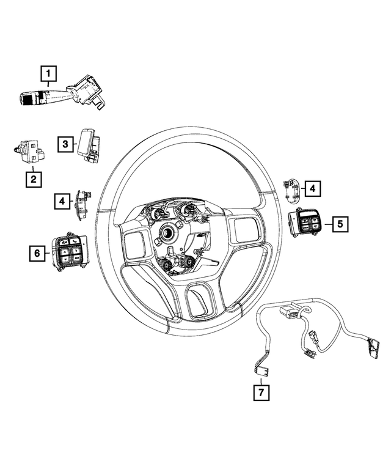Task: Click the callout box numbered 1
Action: pos(49,75)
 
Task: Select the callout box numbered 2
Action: pos(33,179)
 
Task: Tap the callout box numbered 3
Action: pos(65,144)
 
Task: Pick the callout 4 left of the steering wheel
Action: pos(61,200)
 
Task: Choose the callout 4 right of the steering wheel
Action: pos(312,189)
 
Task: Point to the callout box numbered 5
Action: pos(340,224)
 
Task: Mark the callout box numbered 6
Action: pos(38,252)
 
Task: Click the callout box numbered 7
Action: pos(261,391)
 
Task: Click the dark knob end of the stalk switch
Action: pos(28,98)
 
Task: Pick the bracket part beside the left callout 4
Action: pos(81,201)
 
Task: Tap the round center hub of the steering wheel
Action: pos(167,233)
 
